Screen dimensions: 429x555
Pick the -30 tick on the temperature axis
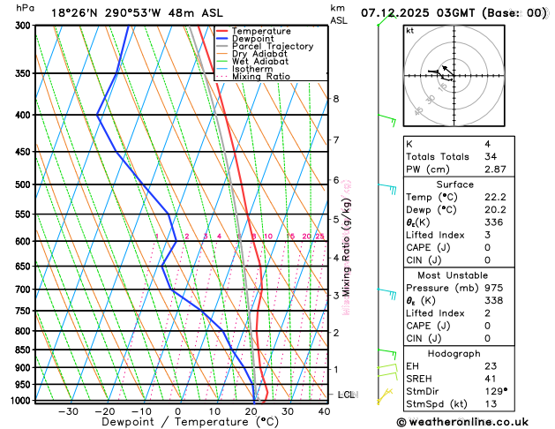[68, 411]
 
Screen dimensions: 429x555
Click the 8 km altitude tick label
[335, 99]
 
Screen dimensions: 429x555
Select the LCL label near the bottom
[346, 395]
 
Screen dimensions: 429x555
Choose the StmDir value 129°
[494, 390]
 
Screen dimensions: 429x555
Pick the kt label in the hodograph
[409, 30]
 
